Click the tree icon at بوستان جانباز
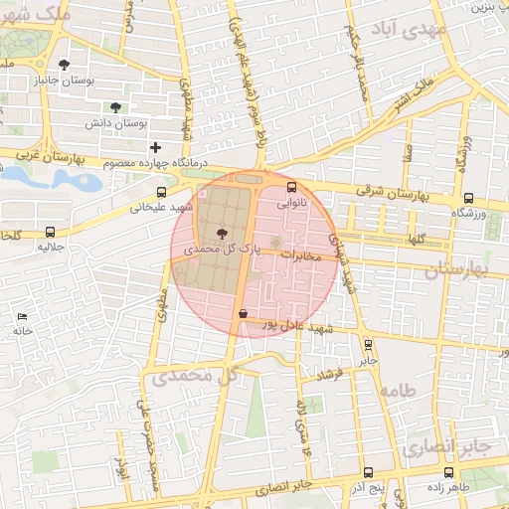pos(65,65)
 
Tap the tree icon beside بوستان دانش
pos(116,107)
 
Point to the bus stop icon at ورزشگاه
pos(468,197)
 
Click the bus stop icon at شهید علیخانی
pos(162,192)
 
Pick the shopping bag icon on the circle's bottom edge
pos(244,313)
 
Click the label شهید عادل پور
pos(293,325)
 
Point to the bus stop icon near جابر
pos(369,346)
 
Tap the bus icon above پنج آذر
pos(368,473)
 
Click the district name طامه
pos(423,391)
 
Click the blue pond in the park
pos(75,180)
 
